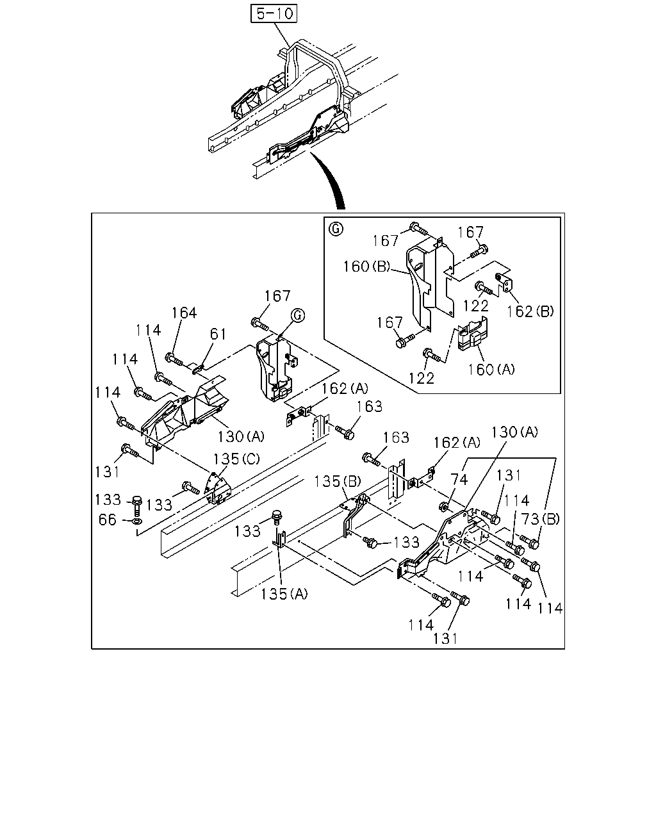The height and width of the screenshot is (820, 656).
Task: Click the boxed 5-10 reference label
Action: [x=274, y=13]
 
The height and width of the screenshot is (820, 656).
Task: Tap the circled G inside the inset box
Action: [x=336, y=229]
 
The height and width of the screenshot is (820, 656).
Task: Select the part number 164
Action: [x=184, y=313]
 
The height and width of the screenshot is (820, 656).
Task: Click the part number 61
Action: [x=218, y=334]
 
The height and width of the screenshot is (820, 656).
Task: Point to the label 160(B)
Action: [x=366, y=266]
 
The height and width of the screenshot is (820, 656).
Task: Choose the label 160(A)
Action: [x=491, y=369]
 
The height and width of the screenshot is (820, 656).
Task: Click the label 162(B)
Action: [x=530, y=311]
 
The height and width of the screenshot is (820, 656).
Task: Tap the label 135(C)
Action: [x=236, y=459]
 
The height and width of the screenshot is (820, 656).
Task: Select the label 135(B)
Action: [x=338, y=482]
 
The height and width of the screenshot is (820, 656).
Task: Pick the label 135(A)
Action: [x=284, y=594]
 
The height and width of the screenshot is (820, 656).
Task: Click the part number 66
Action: [x=107, y=520]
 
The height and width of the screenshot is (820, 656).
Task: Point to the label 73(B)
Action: [x=540, y=519]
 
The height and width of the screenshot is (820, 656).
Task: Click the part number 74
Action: [x=459, y=479]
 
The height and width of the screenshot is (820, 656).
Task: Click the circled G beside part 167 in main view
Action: [x=298, y=315]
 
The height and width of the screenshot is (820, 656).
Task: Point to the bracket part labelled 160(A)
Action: [x=472, y=333]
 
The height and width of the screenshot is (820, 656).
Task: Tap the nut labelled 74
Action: [x=443, y=507]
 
